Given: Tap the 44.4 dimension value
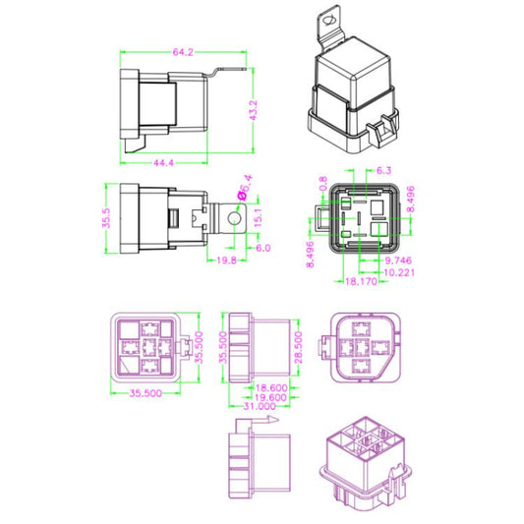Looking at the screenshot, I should click(163, 163).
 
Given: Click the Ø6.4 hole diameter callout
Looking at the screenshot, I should click(245, 186).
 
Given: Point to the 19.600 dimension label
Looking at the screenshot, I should click(272, 398).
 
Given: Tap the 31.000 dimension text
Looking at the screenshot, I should click(258, 408).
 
